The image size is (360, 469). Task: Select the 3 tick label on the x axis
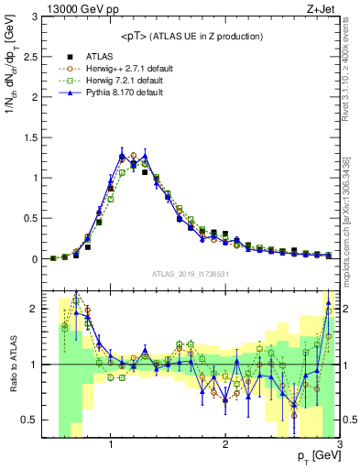pos(339,445)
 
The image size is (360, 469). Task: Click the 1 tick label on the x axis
pos(111,445)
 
